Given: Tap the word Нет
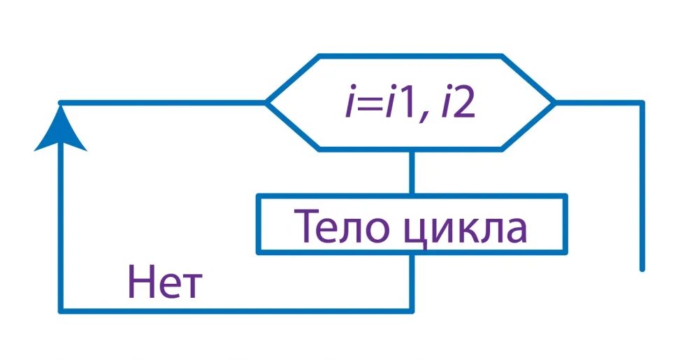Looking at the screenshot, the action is click(165, 284).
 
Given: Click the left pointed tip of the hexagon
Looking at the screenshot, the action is click(267, 103).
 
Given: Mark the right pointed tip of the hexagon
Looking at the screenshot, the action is click(555, 103).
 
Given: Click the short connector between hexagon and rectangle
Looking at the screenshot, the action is click(412, 172).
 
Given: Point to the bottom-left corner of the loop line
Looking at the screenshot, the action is click(62, 310).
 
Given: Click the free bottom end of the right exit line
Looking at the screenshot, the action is click(641, 268).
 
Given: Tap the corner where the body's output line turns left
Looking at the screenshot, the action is click(412, 310).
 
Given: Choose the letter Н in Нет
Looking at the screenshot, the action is click(140, 284).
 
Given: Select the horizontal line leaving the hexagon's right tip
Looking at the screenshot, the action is click(598, 103).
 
